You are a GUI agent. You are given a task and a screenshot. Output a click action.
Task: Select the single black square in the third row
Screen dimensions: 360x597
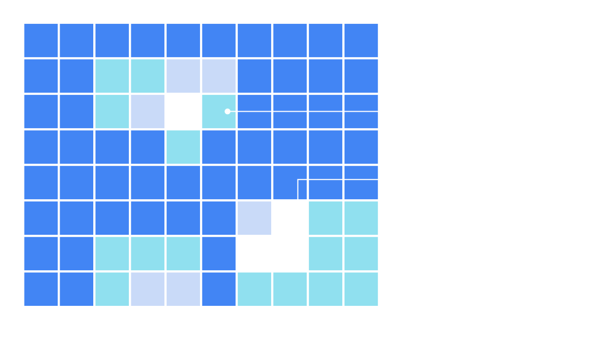tap(183, 111)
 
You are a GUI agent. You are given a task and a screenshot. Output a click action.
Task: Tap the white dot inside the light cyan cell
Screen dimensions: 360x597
tap(227, 111)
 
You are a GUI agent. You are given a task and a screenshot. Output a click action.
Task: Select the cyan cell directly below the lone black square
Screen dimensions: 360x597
tap(183, 147)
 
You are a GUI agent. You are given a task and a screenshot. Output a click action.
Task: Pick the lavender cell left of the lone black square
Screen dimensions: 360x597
tap(148, 111)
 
